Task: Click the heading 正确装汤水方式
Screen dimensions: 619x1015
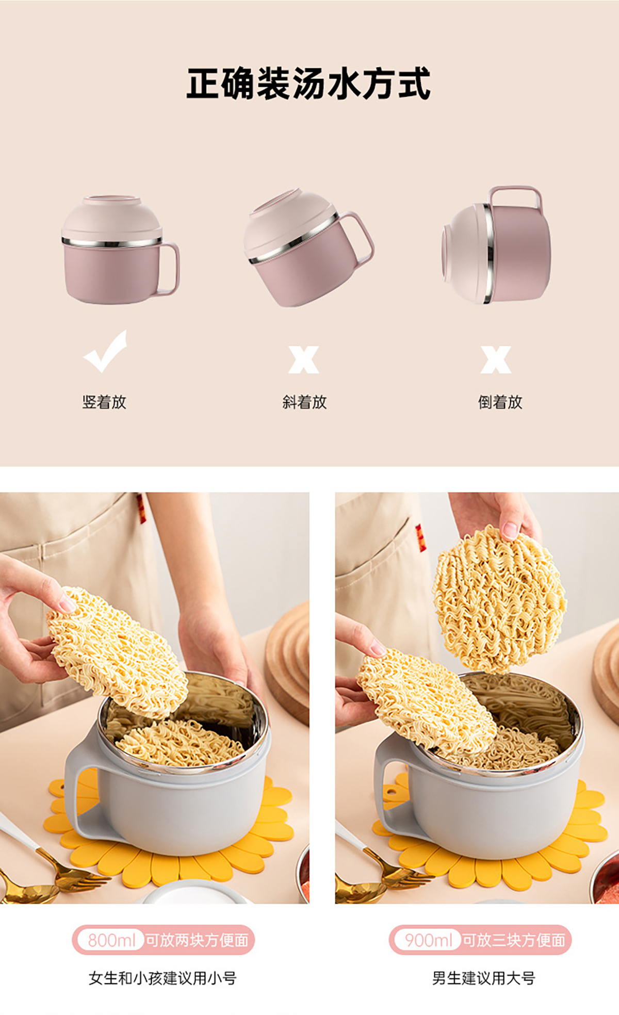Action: point(308,84)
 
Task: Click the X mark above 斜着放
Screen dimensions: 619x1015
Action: point(304,359)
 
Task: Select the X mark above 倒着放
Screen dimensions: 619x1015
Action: point(496,359)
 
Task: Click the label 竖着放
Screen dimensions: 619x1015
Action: point(104,402)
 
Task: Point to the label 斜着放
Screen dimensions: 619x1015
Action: point(304,402)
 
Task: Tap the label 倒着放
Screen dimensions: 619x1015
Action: point(500,402)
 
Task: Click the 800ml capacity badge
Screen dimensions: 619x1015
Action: point(110,940)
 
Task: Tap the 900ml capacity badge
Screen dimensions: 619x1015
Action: point(428,940)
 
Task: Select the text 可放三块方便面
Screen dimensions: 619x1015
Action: point(514,940)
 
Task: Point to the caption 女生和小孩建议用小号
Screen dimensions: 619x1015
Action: point(162,978)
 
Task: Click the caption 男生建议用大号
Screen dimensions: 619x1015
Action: point(483,978)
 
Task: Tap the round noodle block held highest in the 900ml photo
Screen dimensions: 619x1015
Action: point(499,599)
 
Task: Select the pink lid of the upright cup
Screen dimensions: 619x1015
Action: point(112,218)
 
